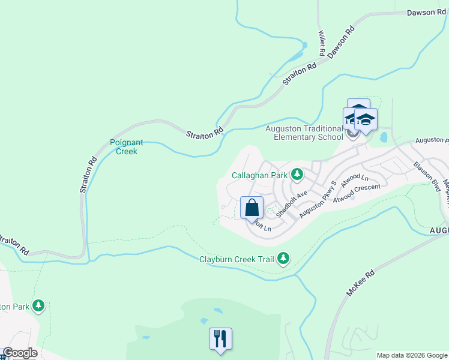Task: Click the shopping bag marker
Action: pyautogui.click(x=252, y=208)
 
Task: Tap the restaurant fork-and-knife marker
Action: pyautogui.click(x=220, y=339)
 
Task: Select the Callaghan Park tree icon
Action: pyautogui.click(x=297, y=175)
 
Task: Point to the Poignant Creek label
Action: pyautogui.click(x=127, y=147)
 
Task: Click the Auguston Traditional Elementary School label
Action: pyautogui.click(x=308, y=132)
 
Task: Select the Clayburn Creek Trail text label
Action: pyautogui.click(x=237, y=259)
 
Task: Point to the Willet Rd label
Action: pyautogui.click(x=322, y=44)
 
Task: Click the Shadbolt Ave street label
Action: pyautogui.click(x=292, y=203)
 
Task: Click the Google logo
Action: pyautogui.click(x=20, y=353)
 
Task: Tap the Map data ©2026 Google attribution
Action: pyautogui.click(x=411, y=355)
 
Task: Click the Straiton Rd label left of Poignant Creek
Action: pyautogui.click(x=88, y=175)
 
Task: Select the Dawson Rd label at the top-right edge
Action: pyautogui.click(x=426, y=12)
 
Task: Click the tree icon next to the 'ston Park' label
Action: pyautogui.click(x=39, y=306)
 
